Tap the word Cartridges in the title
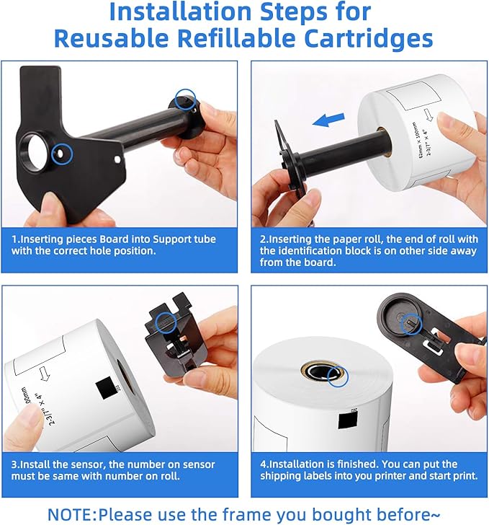[367, 39]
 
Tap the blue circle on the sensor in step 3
[166, 322]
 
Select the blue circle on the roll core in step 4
[337, 375]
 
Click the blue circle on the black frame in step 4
[411, 325]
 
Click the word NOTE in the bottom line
[71, 514]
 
